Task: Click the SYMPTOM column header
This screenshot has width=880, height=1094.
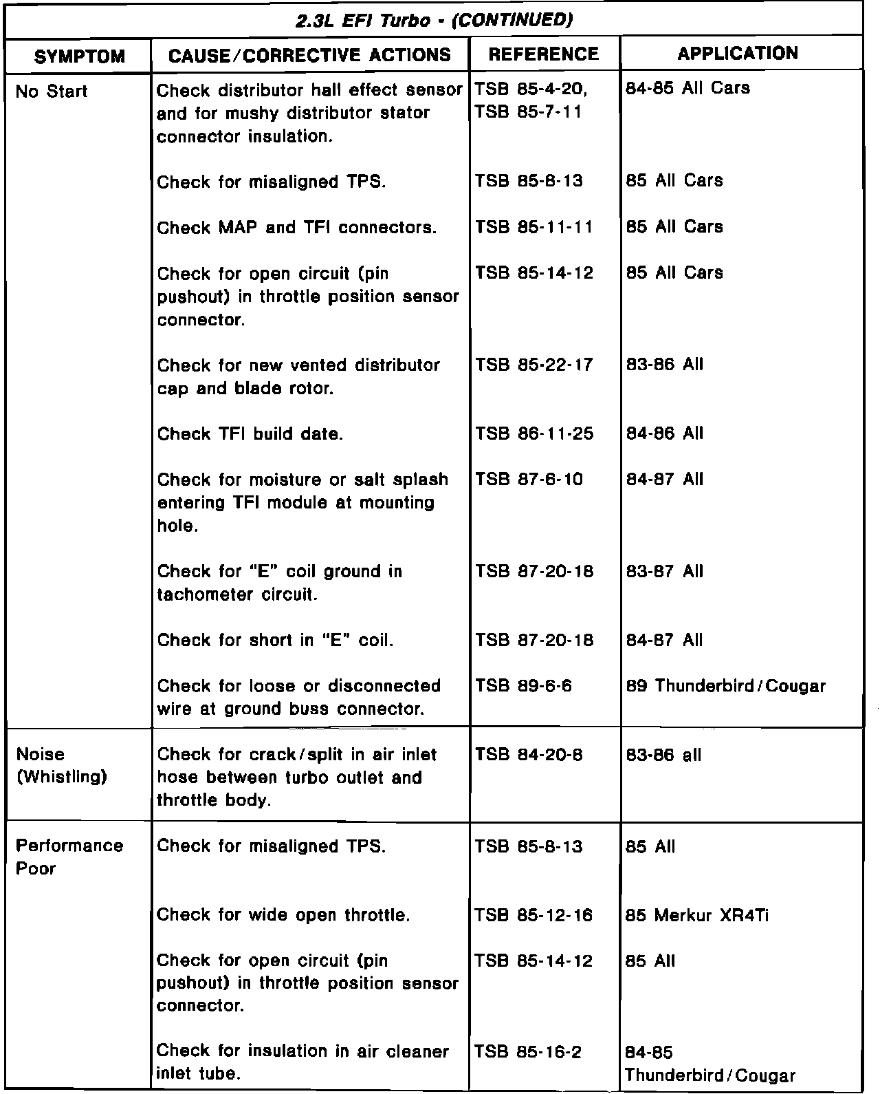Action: click(x=79, y=56)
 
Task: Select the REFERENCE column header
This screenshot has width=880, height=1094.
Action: click(x=544, y=54)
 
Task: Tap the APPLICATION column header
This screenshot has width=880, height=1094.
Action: click(x=738, y=54)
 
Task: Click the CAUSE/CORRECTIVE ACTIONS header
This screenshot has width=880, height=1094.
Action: click(x=309, y=55)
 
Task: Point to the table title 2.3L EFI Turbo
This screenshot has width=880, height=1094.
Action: click(x=434, y=21)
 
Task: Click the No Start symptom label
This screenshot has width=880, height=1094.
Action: click(x=52, y=91)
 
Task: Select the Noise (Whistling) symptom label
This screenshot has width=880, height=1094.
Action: click(x=61, y=766)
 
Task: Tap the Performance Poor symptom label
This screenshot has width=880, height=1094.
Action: click(x=69, y=857)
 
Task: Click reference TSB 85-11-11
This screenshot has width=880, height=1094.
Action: click(x=533, y=227)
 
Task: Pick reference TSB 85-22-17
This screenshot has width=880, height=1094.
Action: click(x=533, y=365)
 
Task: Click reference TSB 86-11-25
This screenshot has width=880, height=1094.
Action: click(x=533, y=433)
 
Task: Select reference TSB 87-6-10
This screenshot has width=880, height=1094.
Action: click(x=528, y=480)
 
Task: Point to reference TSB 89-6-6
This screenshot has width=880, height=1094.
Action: click(x=522, y=686)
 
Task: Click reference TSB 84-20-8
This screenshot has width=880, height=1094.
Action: click(x=528, y=755)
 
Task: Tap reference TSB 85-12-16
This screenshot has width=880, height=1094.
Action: click(x=533, y=915)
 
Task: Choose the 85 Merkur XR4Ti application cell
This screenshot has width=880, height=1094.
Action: click(x=697, y=915)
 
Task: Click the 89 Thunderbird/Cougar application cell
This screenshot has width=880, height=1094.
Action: click(x=725, y=686)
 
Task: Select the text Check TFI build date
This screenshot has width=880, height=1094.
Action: click(x=250, y=434)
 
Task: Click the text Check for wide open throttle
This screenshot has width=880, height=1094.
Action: click(x=283, y=915)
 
